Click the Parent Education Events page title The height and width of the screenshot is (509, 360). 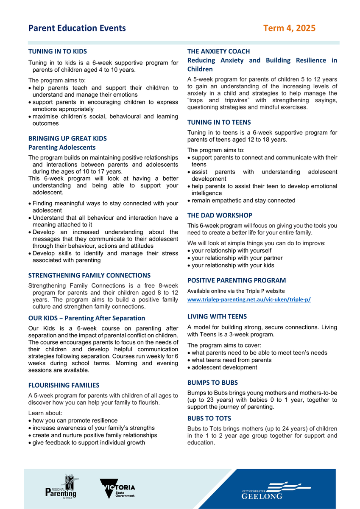[x=77, y=28]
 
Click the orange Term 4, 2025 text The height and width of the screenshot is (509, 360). [x=289, y=28]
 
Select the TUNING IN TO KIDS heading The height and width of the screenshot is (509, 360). [x=58, y=51]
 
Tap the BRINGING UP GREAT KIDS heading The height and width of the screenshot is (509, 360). [x=67, y=138]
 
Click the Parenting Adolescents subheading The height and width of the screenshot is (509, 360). [x=62, y=148]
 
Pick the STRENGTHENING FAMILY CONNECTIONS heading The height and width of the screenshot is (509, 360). [x=89, y=275]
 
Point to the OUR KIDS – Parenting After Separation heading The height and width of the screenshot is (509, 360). [x=87, y=318]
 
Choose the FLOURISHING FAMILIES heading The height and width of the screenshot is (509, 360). [x=64, y=385]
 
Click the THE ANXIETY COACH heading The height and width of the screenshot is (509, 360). [x=219, y=51]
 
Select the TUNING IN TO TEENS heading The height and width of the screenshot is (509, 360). [x=219, y=122]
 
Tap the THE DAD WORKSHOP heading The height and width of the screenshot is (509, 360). [x=220, y=215]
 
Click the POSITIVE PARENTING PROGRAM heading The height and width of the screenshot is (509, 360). [x=237, y=280]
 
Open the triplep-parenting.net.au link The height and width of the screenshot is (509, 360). [x=249, y=299]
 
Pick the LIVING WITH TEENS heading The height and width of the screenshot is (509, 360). [x=217, y=316]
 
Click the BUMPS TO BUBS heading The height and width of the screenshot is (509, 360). [x=213, y=383]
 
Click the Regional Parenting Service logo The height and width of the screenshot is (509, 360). [x=62, y=487]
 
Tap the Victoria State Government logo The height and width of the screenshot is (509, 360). [x=118, y=489]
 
